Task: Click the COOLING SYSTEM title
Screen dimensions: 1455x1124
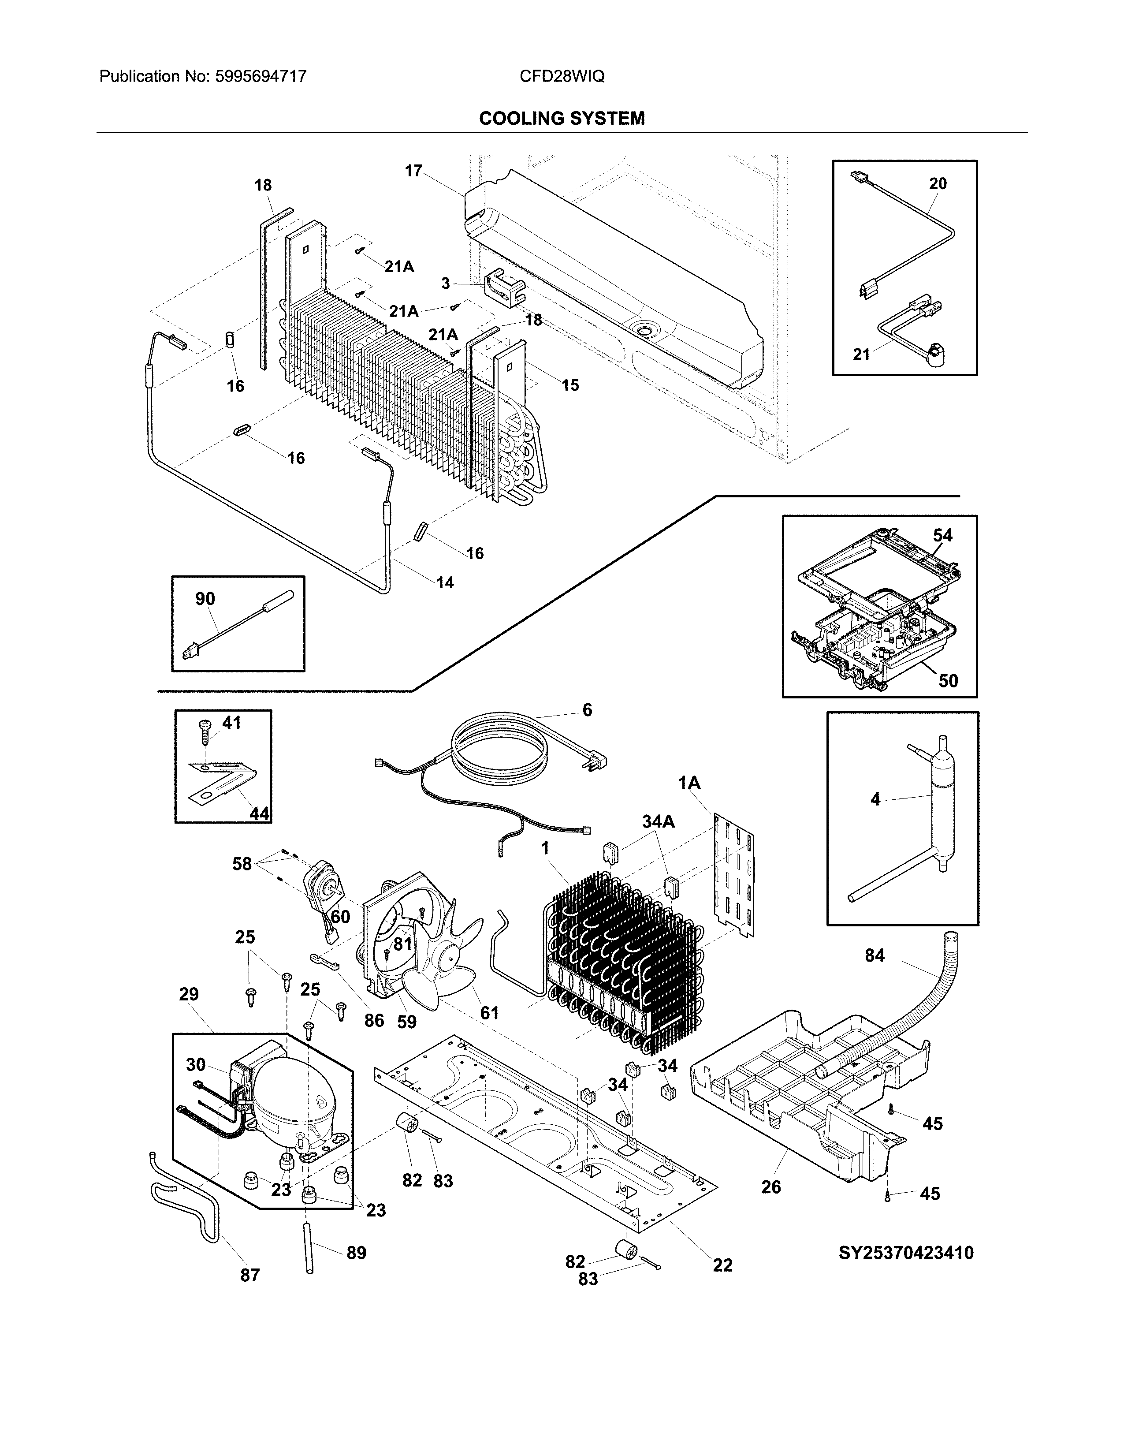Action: [561, 119]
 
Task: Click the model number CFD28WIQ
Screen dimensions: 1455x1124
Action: [561, 77]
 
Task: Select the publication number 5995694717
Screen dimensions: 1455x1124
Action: [261, 77]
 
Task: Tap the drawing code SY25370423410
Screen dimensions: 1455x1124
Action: [906, 1253]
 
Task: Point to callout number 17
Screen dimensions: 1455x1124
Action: [413, 171]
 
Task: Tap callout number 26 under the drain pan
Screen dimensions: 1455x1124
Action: [770, 1186]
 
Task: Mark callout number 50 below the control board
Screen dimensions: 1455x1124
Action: [948, 680]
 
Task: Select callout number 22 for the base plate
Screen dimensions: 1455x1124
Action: [722, 1265]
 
